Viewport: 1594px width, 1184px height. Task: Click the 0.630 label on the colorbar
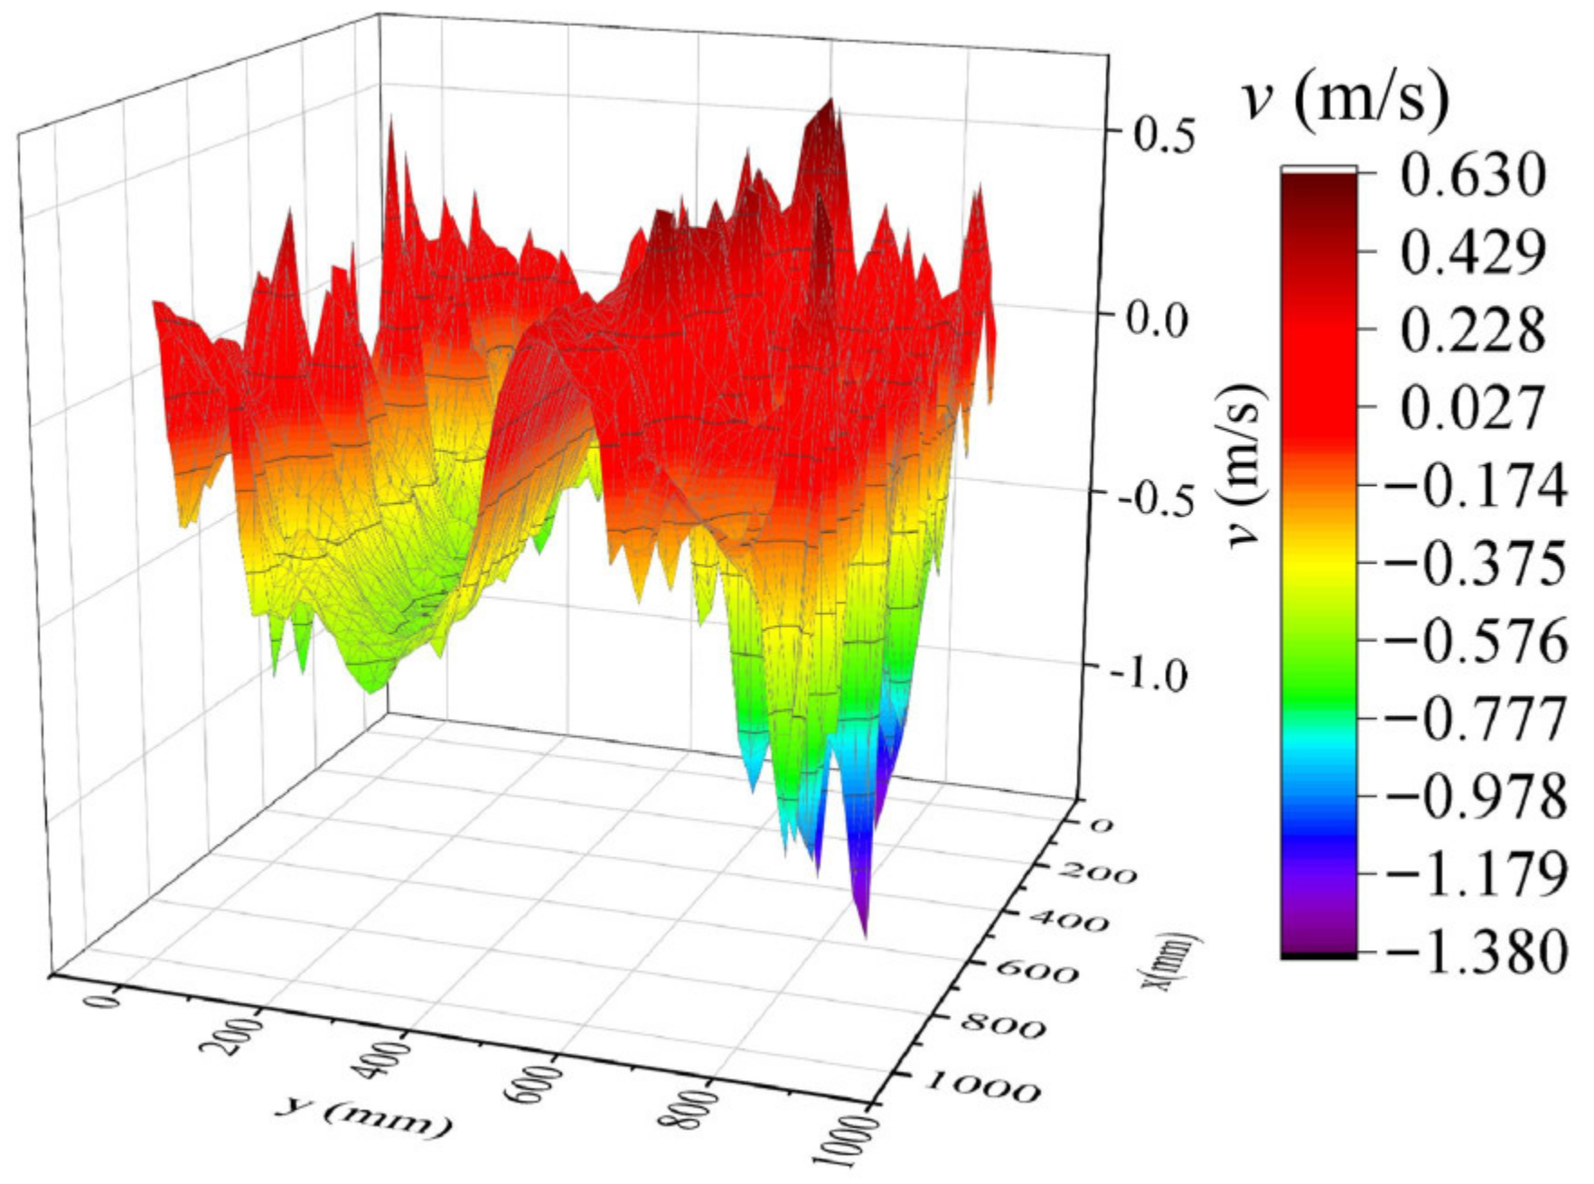[1473, 178]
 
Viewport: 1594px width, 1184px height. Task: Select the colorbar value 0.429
[1473, 255]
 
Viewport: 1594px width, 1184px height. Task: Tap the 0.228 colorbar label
[1473, 331]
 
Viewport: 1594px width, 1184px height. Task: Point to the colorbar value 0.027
[1473, 409]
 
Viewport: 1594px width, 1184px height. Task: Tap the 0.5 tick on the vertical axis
[1165, 136]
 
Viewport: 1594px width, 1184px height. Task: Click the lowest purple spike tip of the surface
[866, 936]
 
